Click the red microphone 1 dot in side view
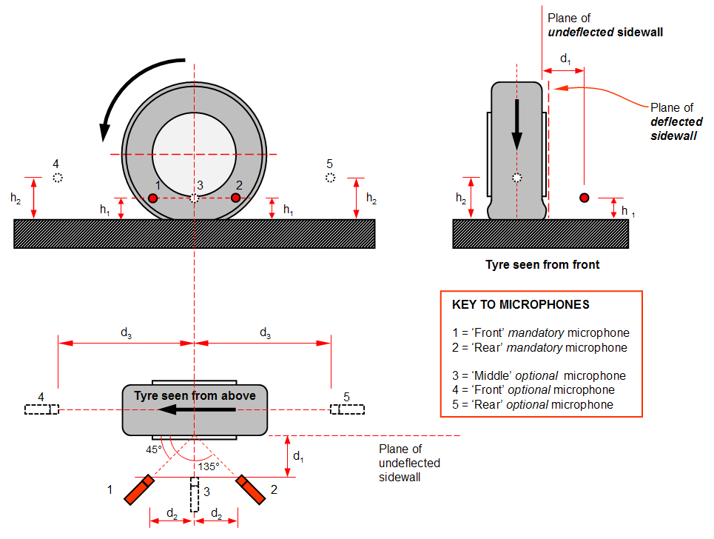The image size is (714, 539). point(152,198)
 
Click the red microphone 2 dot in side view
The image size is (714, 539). point(236,198)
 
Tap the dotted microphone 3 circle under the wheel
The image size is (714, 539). point(194,198)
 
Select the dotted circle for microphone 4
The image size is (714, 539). point(58,178)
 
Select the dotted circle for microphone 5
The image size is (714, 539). point(331,178)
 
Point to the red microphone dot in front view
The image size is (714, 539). point(585,198)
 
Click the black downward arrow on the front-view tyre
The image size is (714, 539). point(516,126)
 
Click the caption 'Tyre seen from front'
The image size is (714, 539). point(542,264)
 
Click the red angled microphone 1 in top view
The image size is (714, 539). point(138,491)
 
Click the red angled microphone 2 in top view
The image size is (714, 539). point(251,491)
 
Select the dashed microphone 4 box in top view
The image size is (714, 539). point(41,409)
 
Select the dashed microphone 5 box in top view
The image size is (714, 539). point(347,409)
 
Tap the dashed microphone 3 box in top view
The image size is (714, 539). point(195,495)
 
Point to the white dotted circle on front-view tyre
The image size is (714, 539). point(517,178)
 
